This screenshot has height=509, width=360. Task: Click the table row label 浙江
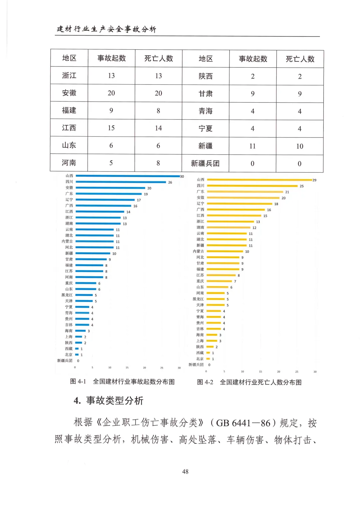tap(69, 75)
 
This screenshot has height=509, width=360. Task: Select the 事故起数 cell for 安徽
tap(111, 93)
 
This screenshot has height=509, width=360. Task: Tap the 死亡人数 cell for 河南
tap(158, 163)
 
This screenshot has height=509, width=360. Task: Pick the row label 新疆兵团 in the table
tap(205, 163)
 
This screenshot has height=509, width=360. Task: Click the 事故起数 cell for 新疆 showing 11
tap(252, 146)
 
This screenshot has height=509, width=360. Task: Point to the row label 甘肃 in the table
tap(205, 94)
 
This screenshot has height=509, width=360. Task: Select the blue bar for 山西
tap(128, 176)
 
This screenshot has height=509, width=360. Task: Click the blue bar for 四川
tap(121, 182)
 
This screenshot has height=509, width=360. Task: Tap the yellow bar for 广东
tap(245, 192)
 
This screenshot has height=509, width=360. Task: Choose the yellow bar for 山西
tap(259, 180)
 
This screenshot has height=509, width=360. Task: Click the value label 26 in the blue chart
tap(170, 182)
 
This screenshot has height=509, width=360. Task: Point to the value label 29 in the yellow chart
tap(314, 180)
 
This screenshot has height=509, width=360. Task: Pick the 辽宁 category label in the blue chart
tap(69, 200)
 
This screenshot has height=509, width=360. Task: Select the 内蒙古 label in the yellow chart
tap(198, 251)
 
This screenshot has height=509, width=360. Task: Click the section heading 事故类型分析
tap(114, 400)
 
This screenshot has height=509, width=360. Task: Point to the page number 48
tap(185, 471)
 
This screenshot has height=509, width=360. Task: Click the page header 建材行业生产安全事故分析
tap(106, 29)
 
